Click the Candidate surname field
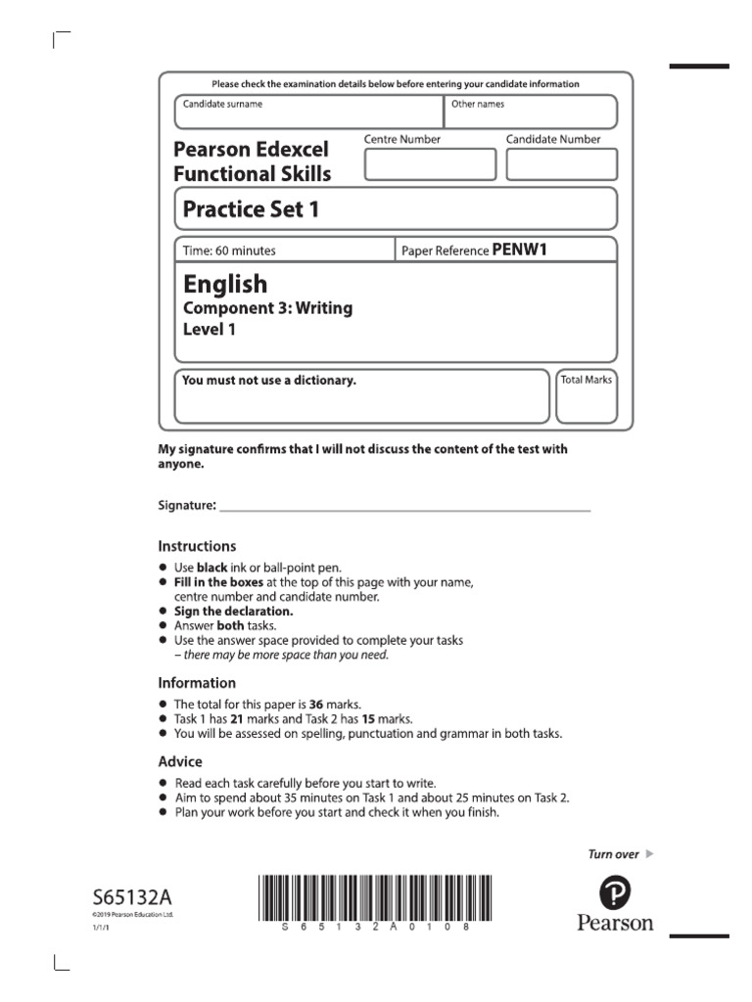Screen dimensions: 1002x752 308,113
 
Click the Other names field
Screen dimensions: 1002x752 531,113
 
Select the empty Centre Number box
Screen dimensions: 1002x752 430,164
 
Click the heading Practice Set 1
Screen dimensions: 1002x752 252,208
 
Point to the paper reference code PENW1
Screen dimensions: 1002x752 519,250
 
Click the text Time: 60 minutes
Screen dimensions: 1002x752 230,250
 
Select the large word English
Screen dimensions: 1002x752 225,284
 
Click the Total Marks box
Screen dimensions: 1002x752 586,396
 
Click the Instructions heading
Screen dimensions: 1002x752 197,546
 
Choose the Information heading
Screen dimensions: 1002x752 197,683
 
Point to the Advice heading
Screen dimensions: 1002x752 180,761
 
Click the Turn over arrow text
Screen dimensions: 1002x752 620,854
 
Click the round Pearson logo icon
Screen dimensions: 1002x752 614,891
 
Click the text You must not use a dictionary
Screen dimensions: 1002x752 269,381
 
